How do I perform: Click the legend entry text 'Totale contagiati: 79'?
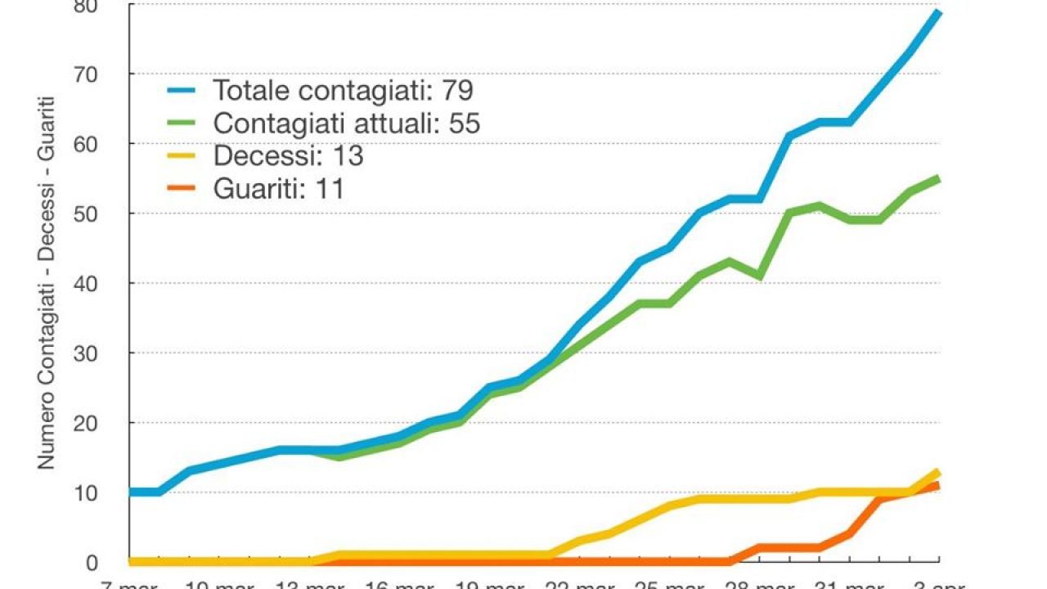343,89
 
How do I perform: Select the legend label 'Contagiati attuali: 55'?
346,123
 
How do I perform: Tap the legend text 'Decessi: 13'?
288,155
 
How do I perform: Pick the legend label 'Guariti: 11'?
278,189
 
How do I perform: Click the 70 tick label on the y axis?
108,74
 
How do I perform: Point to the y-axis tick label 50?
108,214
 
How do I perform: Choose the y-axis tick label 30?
108,353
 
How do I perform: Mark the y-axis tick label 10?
108,492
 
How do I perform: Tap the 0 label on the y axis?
115,563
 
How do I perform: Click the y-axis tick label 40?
108,283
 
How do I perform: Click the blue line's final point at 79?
938,12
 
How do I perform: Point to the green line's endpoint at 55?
938,178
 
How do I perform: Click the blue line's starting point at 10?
131,492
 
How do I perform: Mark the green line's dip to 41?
760,277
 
